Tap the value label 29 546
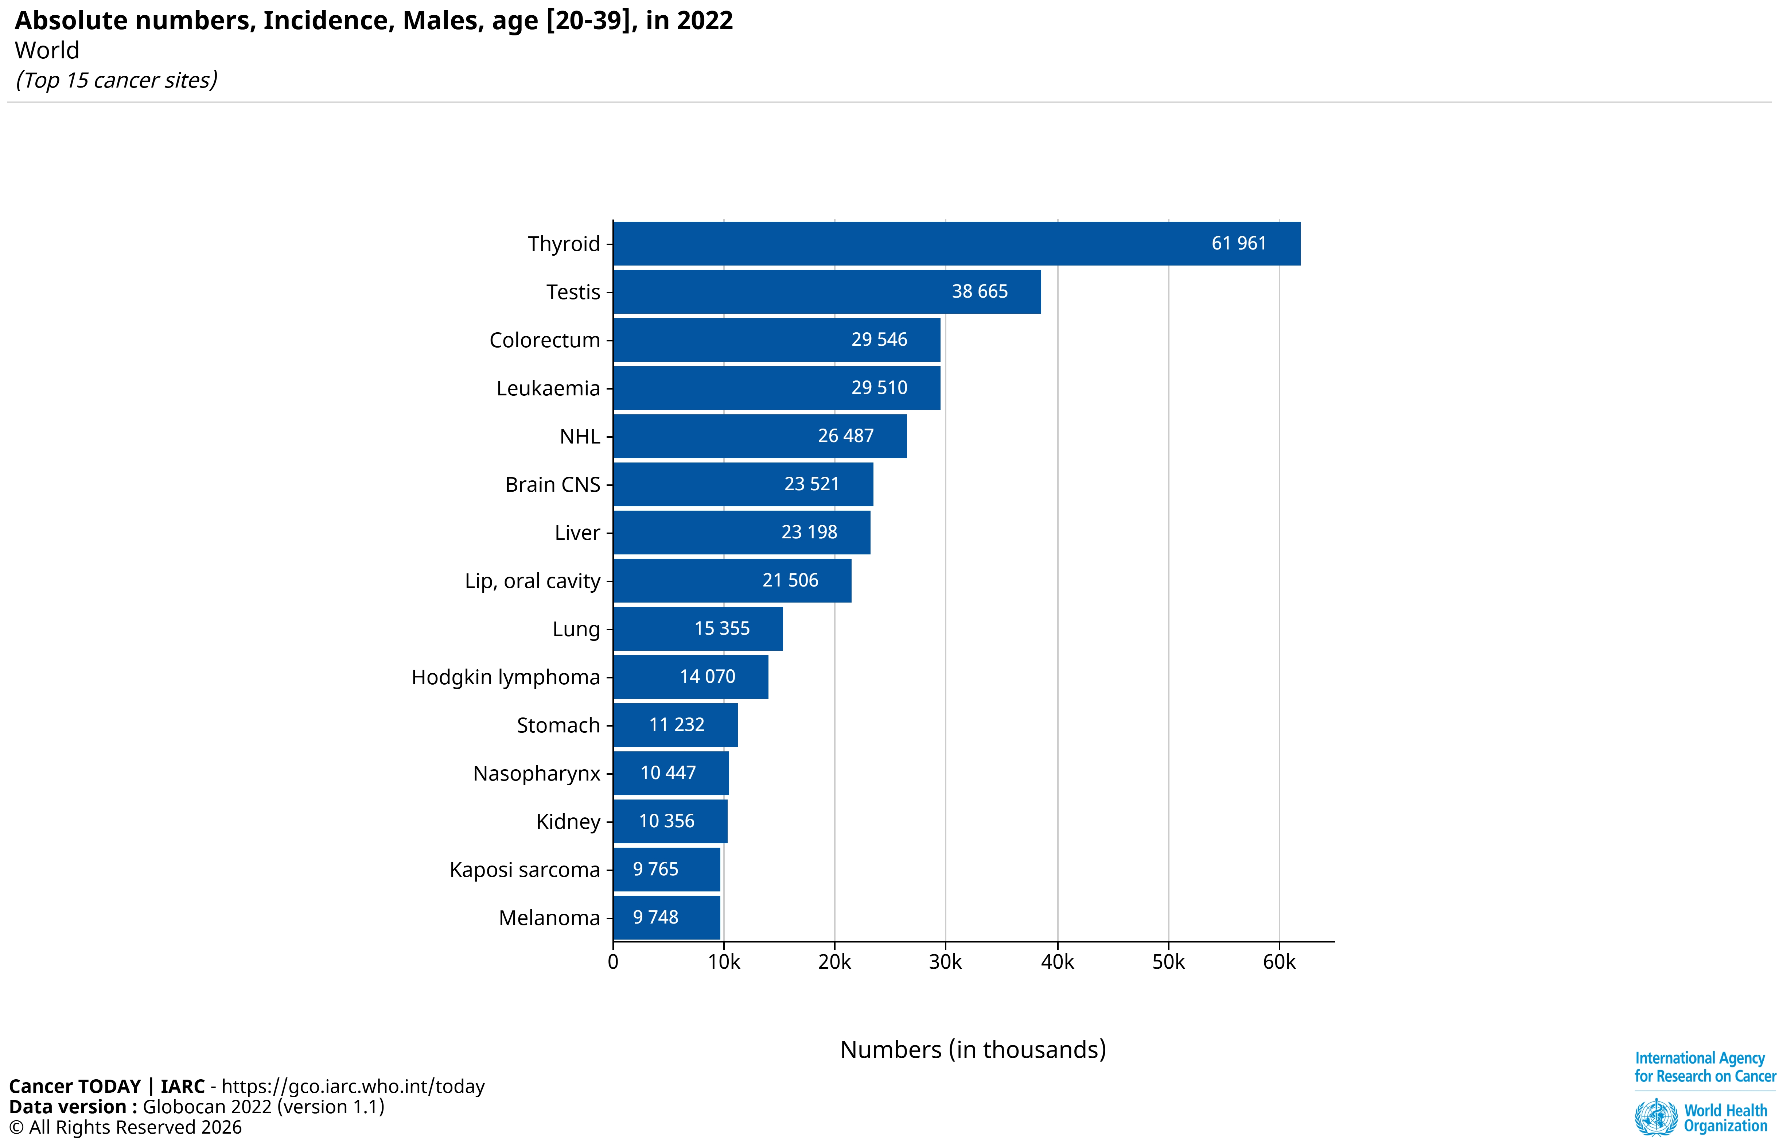click(879, 340)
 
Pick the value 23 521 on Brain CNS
click(812, 484)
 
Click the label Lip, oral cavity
click(532, 581)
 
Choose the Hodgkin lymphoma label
click(505, 677)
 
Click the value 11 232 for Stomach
click(677, 725)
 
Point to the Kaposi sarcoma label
click(525, 870)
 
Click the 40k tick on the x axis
click(1057, 962)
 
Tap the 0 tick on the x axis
click(613, 962)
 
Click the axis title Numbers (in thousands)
click(973, 1049)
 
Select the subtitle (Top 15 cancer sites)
click(117, 80)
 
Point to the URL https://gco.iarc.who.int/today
click(353, 1086)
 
